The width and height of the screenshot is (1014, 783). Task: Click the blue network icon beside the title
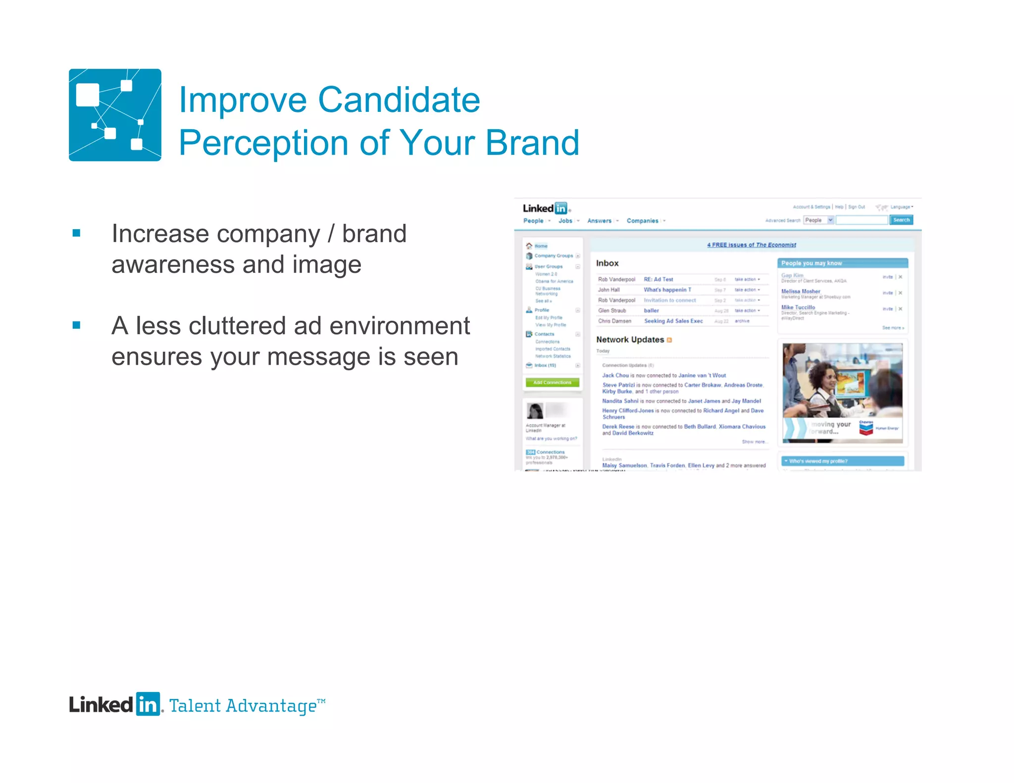pyautogui.click(x=115, y=115)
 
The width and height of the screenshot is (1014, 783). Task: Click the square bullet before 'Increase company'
pyautogui.click(x=76, y=233)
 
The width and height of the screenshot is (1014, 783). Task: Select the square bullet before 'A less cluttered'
pyautogui.click(x=76, y=325)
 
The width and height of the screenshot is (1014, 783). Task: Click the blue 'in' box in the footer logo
pyautogui.click(x=148, y=704)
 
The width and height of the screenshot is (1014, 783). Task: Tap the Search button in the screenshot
pyautogui.click(x=901, y=220)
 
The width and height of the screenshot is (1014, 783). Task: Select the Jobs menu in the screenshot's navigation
pyautogui.click(x=565, y=221)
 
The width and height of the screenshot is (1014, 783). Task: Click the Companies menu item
pyautogui.click(x=642, y=221)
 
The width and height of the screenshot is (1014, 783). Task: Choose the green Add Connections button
pyautogui.click(x=552, y=383)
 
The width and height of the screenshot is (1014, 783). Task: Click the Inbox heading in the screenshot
pyautogui.click(x=607, y=263)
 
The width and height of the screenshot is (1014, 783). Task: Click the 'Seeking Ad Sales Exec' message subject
pyautogui.click(x=673, y=321)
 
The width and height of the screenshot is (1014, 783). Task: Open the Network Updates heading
pyautogui.click(x=630, y=340)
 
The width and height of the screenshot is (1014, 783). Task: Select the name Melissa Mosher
pyautogui.click(x=801, y=292)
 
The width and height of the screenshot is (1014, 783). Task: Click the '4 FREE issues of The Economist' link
pyautogui.click(x=751, y=245)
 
